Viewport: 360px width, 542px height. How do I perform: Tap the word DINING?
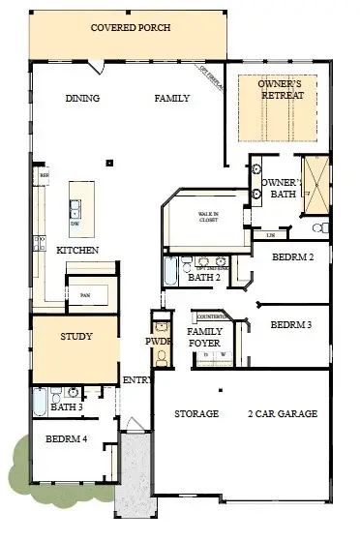pyautogui.click(x=83, y=98)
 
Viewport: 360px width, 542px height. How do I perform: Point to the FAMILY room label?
pyautogui.click(x=171, y=98)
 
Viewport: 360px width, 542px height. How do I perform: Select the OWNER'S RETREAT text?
pyautogui.click(x=281, y=90)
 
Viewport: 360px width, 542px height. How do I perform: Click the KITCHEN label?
pyautogui.click(x=75, y=251)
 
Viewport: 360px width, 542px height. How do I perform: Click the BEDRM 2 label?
pyautogui.click(x=292, y=257)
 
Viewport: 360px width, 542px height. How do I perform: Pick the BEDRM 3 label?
pyautogui.click(x=291, y=324)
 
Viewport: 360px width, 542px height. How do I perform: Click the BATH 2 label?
pyautogui.click(x=203, y=278)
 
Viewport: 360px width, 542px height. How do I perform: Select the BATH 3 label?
pyautogui.click(x=65, y=406)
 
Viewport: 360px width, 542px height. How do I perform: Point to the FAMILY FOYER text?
pyautogui.click(x=205, y=337)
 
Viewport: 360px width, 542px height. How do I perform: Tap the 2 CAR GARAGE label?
pyautogui.click(x=284, y=414)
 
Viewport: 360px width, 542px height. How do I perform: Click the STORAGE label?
pyautogui.click(x=195, y=414)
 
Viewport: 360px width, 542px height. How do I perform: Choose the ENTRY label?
pyautogui.click(x=135, y=380)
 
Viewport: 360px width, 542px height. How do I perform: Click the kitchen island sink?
pyautogui.click(x=75, y=206)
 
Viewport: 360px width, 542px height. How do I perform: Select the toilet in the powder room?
pyautogui.click(x=160, y=356)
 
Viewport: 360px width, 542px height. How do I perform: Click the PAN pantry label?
pyautogui.click(x=85, y=294)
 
